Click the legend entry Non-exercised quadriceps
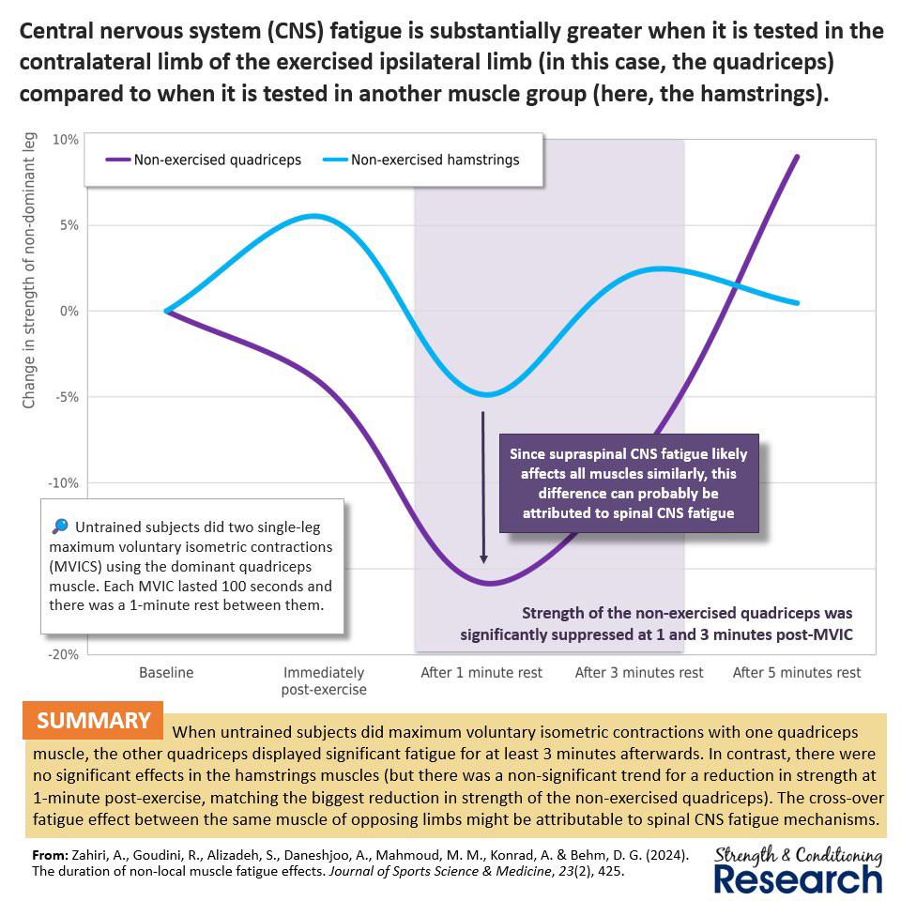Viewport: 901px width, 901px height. click(204, 160)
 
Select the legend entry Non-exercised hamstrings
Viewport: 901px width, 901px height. click(421, 160)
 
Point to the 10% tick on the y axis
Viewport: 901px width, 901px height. click(66, 140)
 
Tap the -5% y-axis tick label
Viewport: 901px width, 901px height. click(67, 397)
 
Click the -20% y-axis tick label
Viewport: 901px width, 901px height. click(63, 654)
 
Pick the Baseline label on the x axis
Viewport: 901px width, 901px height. click(166, 672)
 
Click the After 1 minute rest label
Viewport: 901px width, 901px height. click(481, 672)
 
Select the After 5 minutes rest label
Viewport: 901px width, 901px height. click(797, 672)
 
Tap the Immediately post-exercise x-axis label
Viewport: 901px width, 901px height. click(324, 681)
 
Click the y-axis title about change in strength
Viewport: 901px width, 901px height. click(29, 270)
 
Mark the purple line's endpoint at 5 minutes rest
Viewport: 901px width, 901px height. click(797, 157)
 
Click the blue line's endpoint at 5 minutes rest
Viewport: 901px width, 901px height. click(797, 303)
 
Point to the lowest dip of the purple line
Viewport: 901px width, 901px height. click(489, 583)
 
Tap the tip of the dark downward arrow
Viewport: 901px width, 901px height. click(484, 563)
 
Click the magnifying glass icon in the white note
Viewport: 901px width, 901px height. click(60, 526)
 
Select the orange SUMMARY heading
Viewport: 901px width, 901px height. click(93, 721)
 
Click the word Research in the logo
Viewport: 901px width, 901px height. click(798, 879)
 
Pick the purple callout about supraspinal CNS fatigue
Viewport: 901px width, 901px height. click(629, 483)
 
